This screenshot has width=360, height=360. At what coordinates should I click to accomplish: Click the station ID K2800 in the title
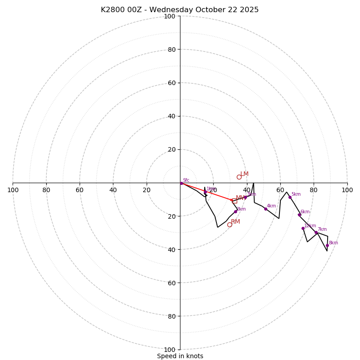click(113, 10)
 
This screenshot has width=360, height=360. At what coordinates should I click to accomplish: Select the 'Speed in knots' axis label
click(180, 356)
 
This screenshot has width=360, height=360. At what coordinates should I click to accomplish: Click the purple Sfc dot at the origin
click(181, 183)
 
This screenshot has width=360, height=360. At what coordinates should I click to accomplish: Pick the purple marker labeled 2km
click(235, 211)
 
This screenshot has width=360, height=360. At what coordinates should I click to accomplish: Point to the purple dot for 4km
click(265, 209)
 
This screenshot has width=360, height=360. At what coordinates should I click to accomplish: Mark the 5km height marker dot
click(290, 197)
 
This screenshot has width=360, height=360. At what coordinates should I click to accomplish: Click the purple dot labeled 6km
click(299, 215)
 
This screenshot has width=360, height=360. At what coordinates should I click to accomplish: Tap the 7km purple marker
click(316, 233)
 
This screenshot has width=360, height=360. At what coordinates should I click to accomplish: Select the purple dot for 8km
click(327, 245)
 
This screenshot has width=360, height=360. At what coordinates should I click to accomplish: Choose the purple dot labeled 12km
click(303, 228)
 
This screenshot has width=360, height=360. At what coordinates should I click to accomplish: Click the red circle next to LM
click(239, 177)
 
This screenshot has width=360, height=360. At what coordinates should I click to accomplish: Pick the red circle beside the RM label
click(229, 225)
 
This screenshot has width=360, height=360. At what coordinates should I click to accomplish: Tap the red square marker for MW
click(234, 201)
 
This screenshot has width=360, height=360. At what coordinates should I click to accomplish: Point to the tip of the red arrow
click(233, 200)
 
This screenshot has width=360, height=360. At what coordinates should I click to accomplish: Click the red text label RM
click(236, 221)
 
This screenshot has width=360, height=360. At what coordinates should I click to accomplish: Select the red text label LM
click(244, 174)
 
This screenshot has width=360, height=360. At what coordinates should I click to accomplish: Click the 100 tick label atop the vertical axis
click(170, 16)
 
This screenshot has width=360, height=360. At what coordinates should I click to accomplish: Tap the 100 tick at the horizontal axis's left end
click(13, 190)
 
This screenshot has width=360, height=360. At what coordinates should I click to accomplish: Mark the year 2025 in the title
click(250, 10)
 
